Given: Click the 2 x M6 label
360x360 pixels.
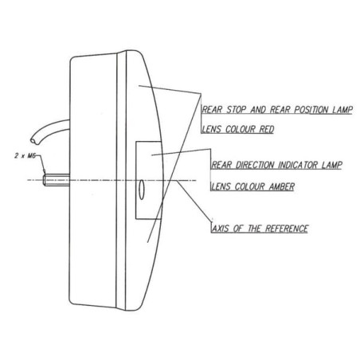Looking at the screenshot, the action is [x=25, y=156].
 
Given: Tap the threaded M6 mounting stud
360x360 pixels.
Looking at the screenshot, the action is [x=57, y=180].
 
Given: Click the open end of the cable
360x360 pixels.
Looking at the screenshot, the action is [x=35, y=141].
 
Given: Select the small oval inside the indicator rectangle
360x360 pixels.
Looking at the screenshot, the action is [x=141, y=190].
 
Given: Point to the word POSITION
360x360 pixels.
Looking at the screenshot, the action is [x=311, y=110].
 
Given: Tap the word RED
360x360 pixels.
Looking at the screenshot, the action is [x=267, y=129].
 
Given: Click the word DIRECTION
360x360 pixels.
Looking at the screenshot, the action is [x=255, y=165].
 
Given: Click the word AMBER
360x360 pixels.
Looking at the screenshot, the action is [x=282, y=186].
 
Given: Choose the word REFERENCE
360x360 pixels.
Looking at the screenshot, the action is [x=287, y=229].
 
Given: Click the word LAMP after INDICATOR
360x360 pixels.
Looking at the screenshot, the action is [x=331, y=165].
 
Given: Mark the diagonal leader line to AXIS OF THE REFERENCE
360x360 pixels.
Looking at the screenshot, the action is [x=194, y=200].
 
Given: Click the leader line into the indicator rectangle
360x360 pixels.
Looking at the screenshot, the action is [x=181, y=152].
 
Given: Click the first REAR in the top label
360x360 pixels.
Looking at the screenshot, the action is [x=213, y=110].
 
